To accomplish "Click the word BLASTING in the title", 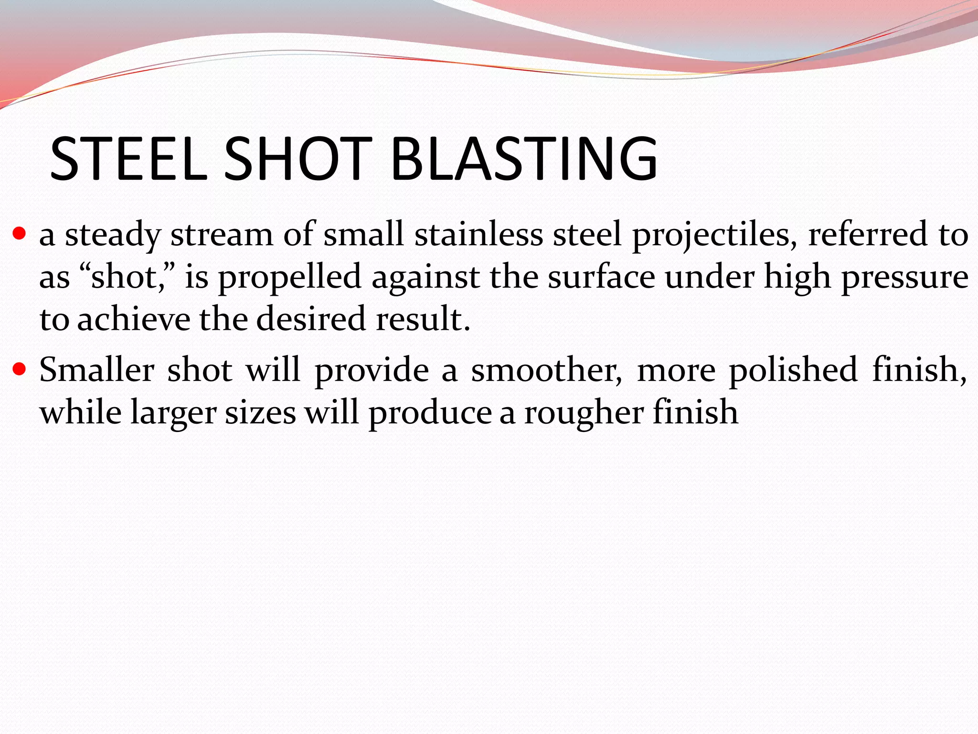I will tap(524, 159).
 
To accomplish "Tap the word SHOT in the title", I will tap(298, 159).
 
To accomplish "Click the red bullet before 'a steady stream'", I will tap(19, 234).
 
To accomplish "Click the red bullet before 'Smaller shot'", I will tap(19, 369).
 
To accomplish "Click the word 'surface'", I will tap(601, 277).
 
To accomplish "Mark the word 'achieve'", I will tap(134, 319).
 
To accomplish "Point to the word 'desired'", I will tap(311, 319).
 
